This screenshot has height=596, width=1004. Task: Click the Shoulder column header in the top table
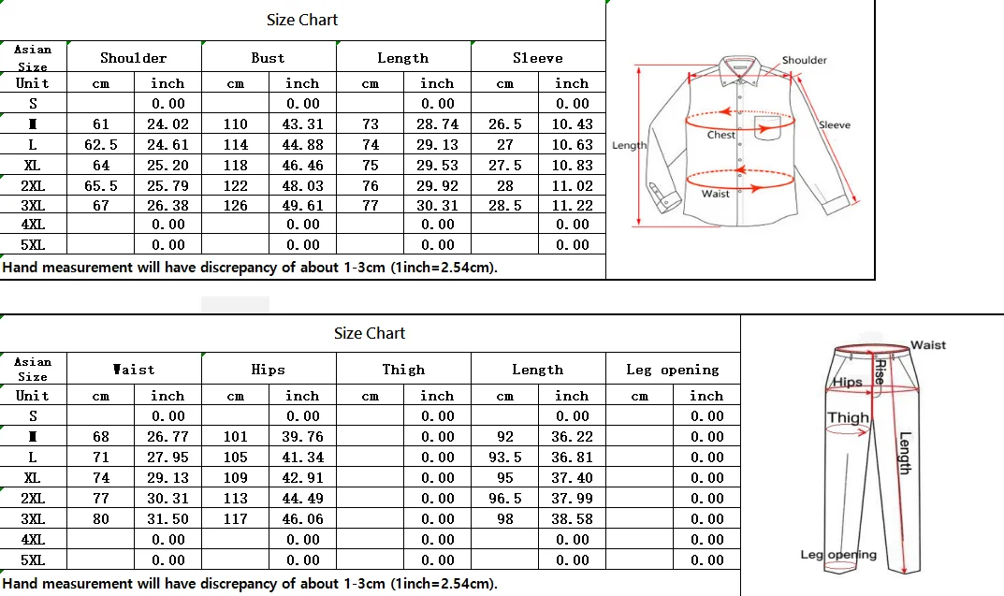[x=134, y=58]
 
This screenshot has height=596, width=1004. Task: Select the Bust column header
[x=268, y=58]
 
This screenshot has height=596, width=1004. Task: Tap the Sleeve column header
[x=538, y=58]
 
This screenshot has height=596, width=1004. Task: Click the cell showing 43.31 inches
[x=302, y=124]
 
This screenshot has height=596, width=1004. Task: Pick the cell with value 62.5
[x=101, y=145]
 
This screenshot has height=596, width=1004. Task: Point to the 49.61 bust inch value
[x=302, y=206]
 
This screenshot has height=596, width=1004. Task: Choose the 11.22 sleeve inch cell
[x=572, y=206]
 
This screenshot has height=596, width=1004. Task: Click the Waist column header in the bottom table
[x=134, y=370]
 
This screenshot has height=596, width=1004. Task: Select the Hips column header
[x=268, y=370]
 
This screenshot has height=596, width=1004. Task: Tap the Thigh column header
[x=403, y=370]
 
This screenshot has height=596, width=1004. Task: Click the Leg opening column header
[x=673, y=370]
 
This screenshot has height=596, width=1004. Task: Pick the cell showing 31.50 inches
[x=168, y=519]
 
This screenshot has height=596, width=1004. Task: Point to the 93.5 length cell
[x=505, y=458]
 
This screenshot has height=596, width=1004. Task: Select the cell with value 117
[x=236, y=519]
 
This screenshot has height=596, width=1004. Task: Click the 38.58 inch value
[x=572, y=519]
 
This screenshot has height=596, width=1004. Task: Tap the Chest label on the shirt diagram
[x=720, y=135]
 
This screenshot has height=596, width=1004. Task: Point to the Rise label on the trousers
[x=880, y=372]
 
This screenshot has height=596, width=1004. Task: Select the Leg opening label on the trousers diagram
[x=838, y=555]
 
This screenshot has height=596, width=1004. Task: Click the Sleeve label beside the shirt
[x=835, y=124]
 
